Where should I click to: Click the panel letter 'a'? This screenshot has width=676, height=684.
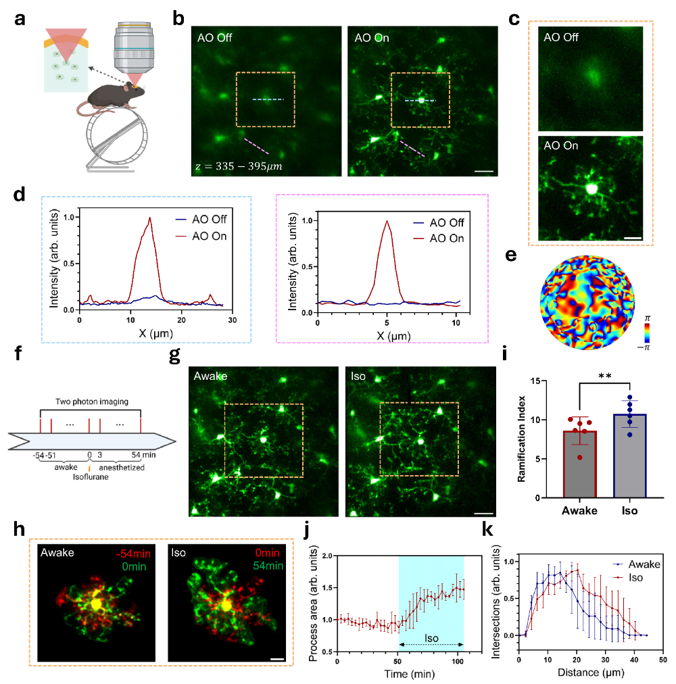20,20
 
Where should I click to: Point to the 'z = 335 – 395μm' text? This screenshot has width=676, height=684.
239,166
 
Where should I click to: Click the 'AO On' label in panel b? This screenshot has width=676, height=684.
371,38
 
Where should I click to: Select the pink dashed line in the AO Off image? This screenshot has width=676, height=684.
257,147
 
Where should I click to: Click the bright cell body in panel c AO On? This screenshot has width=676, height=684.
591,189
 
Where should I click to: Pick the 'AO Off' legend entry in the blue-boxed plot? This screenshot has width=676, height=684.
201,220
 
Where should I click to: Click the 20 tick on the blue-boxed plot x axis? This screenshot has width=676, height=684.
181,320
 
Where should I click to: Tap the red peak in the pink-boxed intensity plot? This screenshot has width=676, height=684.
387,221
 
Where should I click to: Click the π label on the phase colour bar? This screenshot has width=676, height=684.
647,319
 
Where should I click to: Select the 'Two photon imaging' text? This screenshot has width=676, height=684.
92,401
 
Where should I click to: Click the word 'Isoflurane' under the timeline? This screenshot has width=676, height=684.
91,477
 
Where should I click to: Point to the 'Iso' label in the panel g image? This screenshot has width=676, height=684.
358,376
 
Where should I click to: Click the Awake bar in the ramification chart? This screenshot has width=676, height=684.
579,464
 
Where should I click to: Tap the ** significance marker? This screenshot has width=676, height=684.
605,376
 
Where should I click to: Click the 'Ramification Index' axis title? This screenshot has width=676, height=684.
521,439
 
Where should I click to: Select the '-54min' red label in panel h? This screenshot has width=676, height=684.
133,554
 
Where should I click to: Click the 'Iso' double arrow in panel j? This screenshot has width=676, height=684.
431,644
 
